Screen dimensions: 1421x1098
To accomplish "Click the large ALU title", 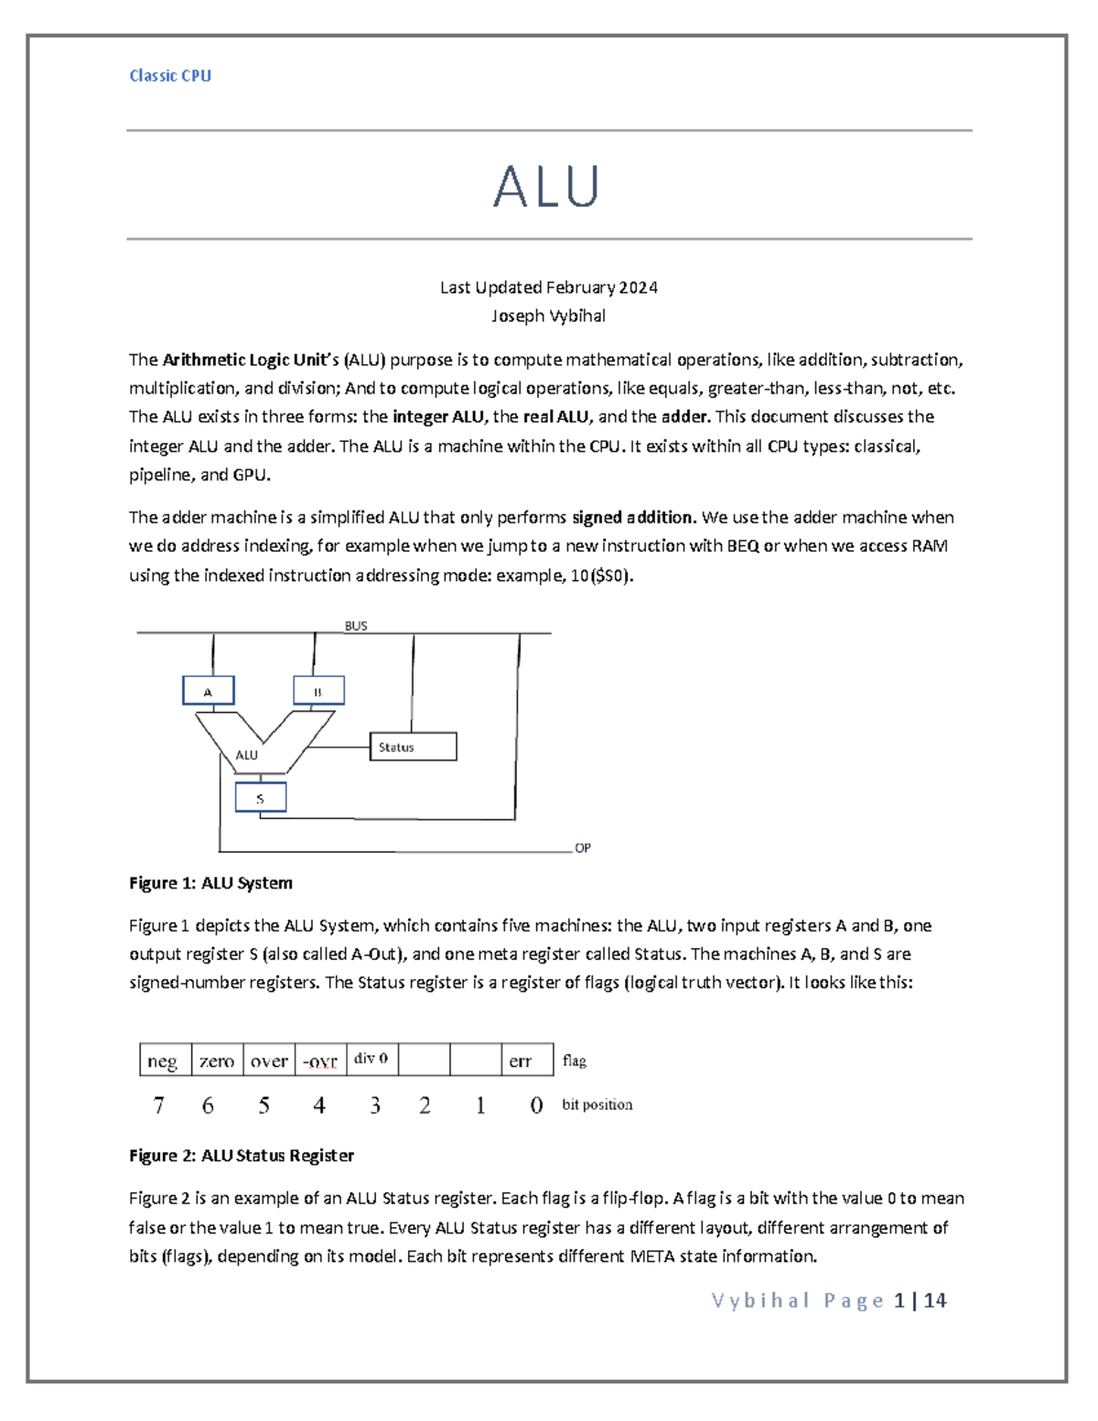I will (546, 186).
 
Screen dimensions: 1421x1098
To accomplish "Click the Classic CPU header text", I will (170, 76).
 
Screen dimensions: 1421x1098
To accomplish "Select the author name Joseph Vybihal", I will (548, 317).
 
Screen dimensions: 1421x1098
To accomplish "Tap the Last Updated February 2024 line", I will (548, 287).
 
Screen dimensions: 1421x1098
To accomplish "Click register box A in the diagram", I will (209, 691).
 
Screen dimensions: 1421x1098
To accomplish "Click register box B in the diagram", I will (318, 691).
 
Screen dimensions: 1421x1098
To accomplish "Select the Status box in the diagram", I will (413, 747).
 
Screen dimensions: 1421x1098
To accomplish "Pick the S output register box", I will (261, 798).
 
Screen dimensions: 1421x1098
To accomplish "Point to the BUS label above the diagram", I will (356, 626).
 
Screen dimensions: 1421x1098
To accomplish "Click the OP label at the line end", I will (583, 848).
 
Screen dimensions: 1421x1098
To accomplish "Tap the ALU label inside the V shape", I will (247, 755).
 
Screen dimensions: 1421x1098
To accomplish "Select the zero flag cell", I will (217, 1060).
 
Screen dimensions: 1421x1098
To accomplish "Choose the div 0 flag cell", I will (371, 1059).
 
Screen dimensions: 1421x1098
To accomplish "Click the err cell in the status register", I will (521, 1060).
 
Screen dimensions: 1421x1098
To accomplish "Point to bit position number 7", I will (159, 1105).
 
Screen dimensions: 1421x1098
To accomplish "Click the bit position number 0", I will (536, 1105).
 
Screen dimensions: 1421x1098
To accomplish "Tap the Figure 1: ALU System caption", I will (210, 883).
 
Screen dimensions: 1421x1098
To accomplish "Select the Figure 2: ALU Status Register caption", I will (242, 1156).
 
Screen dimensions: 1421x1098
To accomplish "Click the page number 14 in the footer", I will (935, 1300).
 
